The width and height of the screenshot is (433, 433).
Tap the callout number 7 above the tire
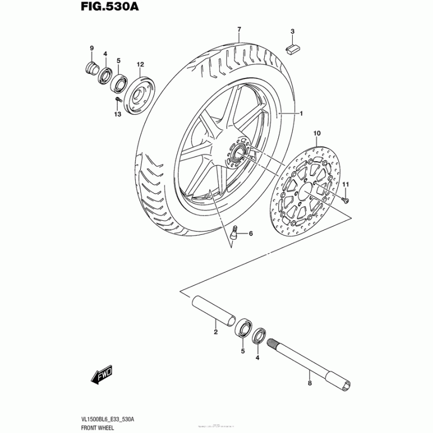click(x=238, y=28)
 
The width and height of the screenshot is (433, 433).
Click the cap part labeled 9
click(x=91, y=68)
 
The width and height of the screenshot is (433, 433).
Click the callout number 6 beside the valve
click(x=251, y=234)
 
